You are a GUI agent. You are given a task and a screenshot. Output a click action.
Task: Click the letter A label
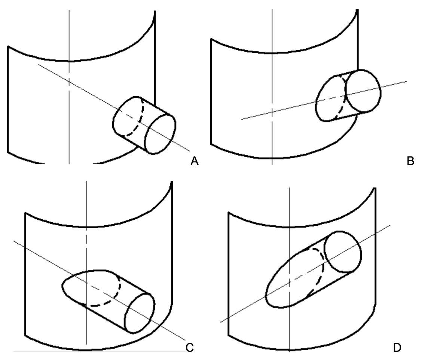194,161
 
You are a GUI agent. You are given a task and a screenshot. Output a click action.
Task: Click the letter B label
410,161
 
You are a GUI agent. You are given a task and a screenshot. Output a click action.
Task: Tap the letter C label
189,348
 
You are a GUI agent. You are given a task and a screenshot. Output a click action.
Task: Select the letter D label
397,348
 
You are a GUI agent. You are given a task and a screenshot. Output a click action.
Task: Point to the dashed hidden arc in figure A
140,118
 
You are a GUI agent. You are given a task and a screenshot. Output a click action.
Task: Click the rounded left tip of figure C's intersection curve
62,285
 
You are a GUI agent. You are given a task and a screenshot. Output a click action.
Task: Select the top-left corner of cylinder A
8,47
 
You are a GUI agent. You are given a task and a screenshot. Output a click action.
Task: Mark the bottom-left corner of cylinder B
211,143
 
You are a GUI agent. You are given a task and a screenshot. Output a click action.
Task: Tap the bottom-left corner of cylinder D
228,334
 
